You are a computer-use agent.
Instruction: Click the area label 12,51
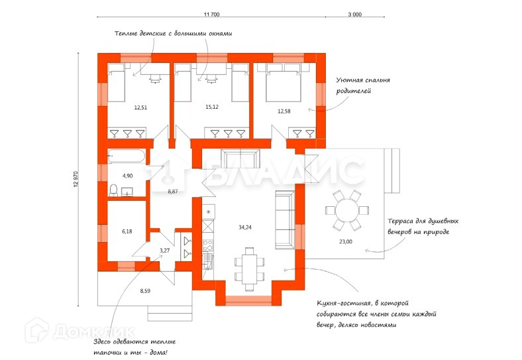(140, 107)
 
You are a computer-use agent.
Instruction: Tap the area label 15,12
(212, 107)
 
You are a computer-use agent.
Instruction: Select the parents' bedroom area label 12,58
(284, 111)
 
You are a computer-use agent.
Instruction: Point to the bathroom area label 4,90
(127, 176)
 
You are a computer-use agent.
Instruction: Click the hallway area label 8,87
(173, 192)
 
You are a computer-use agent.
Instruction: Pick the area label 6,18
(127, 231)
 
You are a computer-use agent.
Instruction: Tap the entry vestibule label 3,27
(164, 251)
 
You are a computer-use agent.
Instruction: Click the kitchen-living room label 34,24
(245, 227)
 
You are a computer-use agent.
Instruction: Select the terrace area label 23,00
(346, 242)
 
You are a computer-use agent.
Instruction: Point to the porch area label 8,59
(145, 290)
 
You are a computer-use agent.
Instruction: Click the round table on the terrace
(347, 211)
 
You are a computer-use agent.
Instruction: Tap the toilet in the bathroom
(113, 190)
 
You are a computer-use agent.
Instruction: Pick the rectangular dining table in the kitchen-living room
(250, 269)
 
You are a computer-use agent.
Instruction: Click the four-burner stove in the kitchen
(208, 245)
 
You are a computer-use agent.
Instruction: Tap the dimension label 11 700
(211, 15)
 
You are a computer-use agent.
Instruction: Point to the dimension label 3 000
(355, 15)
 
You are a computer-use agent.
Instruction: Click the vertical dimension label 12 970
(76, 179)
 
